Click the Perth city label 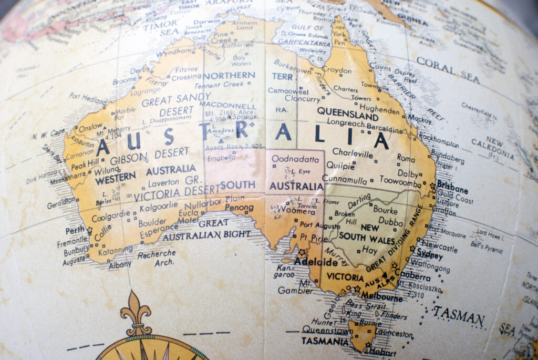pyautogui.click(x=75, y=230)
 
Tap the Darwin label pyautogui.click(x=206, y=22)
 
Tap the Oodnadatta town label pyautogui.click(x=295, y=159)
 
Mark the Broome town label pyautogui.click(x=125, y=80)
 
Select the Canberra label pyautogui.click(x=415, y=275)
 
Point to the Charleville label pyautogui.click(x=353, y=153)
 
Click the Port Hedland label pyautogui.click(x=88, y=98)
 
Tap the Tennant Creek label pyautogui.click(x=219, y=85)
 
